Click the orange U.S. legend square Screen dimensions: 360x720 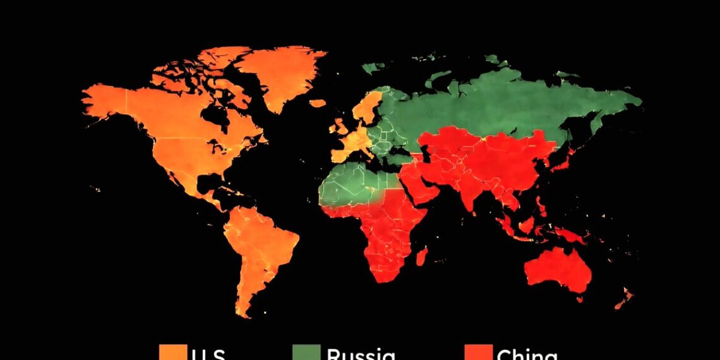171,352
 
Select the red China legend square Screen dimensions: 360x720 478,352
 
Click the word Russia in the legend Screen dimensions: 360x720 361,354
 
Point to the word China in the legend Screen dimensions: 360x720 527,354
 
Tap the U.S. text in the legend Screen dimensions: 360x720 208,354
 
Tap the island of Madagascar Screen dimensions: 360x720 421,256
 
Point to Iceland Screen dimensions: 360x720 317,103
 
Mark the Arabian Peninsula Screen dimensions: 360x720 419,183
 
